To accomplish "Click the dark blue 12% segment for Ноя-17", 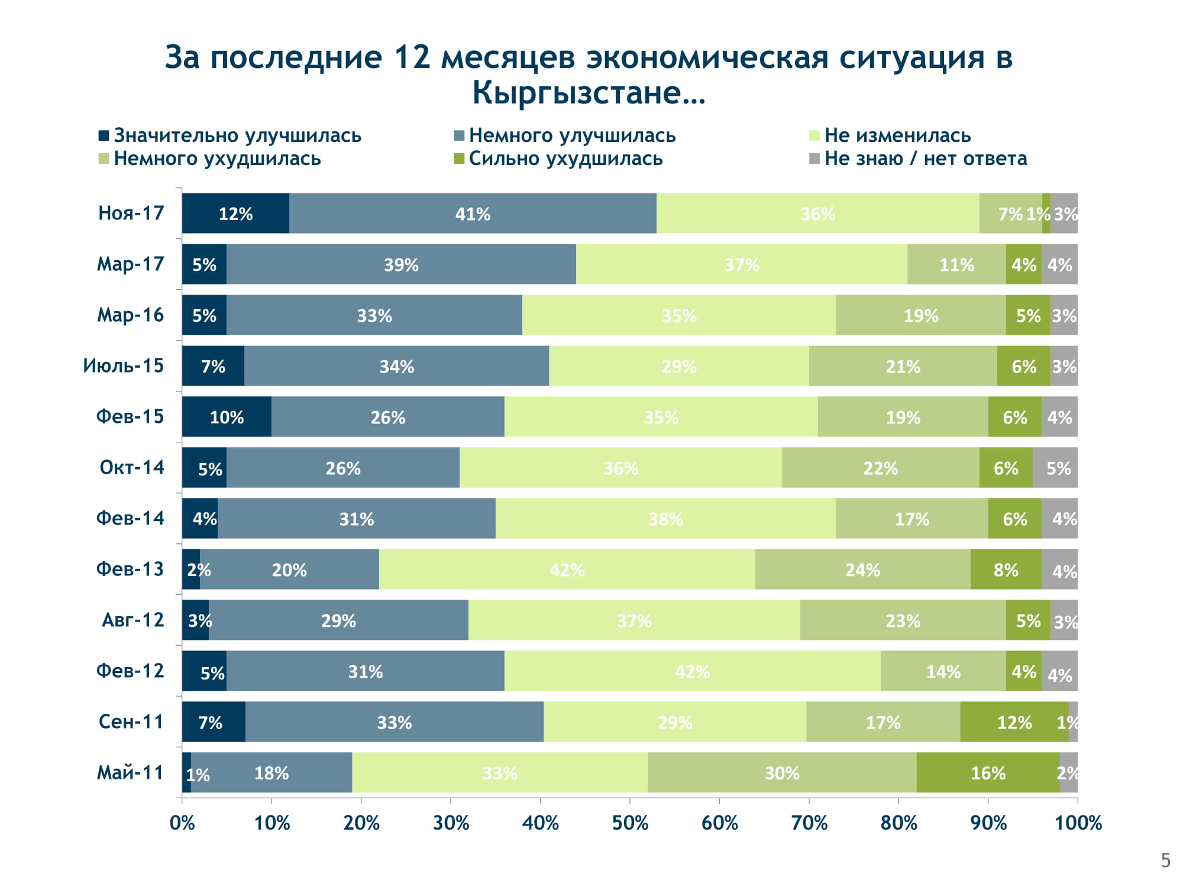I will click(x=235, y=213).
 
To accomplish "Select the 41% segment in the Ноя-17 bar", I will click(x=473, y=213).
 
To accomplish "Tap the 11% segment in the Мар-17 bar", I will click(x=956, y=264).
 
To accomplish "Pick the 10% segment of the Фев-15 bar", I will click(x=227, y=417).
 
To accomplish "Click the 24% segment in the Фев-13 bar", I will click(x=862, y=569).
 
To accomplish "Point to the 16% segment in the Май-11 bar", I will click(x=988, y=773).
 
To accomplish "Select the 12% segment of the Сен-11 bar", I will click(x=1014, y=722).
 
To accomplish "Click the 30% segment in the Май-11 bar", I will click(x=782, y=773).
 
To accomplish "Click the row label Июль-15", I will click(x=123, y=366).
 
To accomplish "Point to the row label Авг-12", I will click(x=132, y=620).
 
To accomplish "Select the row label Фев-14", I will click(x=130, y=519).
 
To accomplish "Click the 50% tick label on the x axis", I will click(x=630, y=823).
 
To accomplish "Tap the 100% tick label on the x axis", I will click(x=1078, y=823).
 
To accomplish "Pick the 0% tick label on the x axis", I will click(x=182, y=823).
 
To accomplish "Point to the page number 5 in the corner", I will click(x=1165, y=860).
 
